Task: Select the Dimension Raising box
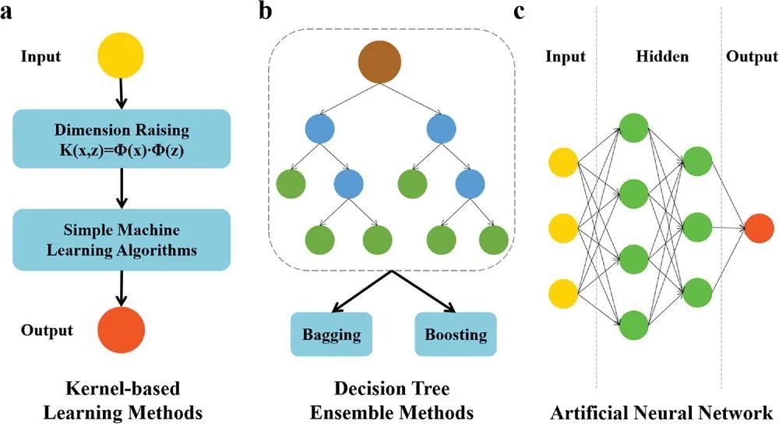[x=120, y=139]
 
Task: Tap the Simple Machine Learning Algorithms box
[x=120, y=240]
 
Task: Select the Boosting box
[x=456, y=335]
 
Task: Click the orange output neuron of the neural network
[x=759, y=228]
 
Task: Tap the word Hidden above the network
[x=661, y=57]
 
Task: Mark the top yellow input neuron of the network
[x=563, y=162]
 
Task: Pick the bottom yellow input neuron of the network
[x=563, y=295]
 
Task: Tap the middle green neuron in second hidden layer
[x=698, y=228]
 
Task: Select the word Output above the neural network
[x=751, y=57]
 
